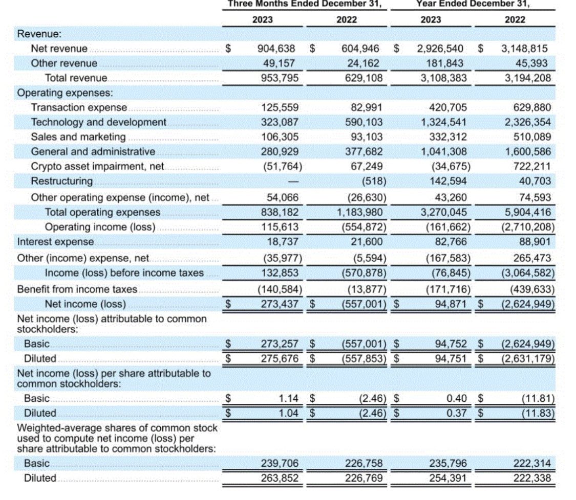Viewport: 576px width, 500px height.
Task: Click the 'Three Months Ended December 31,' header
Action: [305, 4]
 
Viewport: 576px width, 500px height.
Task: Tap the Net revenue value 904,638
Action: [276, 49]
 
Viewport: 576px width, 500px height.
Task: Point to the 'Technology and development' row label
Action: [99, 122]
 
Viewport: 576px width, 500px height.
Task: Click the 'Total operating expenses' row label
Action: [102, 212]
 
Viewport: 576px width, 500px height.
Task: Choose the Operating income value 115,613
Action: [280, 227]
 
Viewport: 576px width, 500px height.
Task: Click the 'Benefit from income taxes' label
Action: [77, 289]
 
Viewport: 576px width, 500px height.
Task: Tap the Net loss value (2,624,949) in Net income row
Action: [527, 304]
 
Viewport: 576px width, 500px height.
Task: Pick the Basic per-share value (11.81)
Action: [537, 398]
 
